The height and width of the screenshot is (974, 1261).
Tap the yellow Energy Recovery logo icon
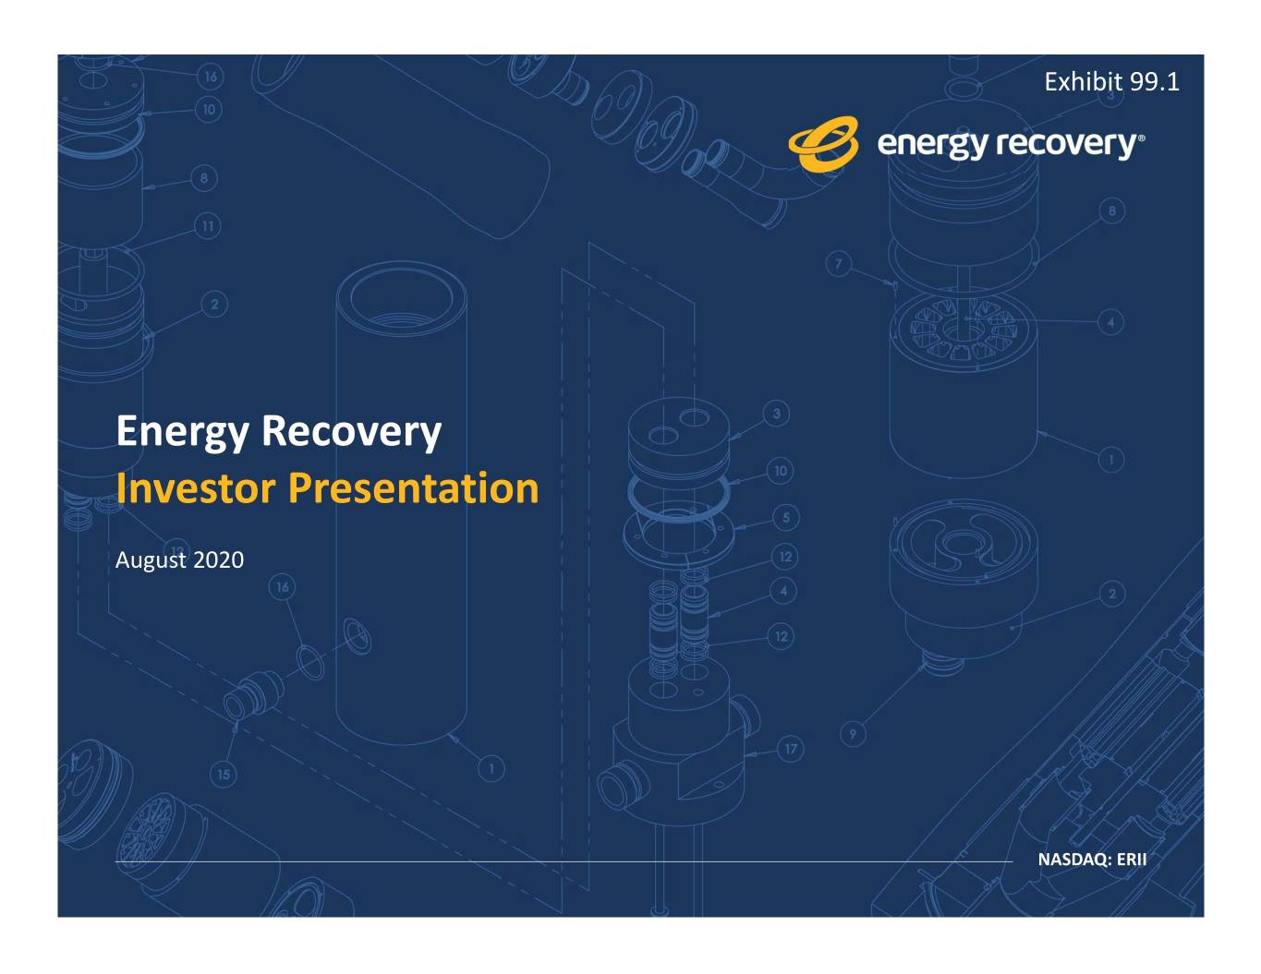pyautogui.click(x=823, y=144)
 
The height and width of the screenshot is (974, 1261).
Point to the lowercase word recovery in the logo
pyautogui.click(x=1066, y=145)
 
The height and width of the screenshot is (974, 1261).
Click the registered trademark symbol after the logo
pyautogui.click(x=1142, y=138)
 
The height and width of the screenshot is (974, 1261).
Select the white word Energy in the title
pyautogui.click(x=183, y=432)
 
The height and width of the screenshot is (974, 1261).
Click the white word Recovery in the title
pyautogui.click(x=352, y=432)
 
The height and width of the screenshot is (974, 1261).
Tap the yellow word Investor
pyautogui.click(x=196, y=487)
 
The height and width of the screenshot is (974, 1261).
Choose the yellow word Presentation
pyautogui.click(x=414, y=487)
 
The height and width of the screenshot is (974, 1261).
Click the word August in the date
pyautogui.click(x=151, y=560)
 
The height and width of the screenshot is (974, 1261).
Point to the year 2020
pyautogui.click(x=219, y=560)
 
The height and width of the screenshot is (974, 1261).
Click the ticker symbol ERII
pyautogui.click(x=1132, y=860)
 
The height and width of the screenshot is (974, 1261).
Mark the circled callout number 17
pyautogui.click(x=791, y=750)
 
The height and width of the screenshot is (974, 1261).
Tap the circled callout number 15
pyautogui.click(x=224, y=775)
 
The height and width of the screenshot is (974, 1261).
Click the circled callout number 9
pyautogui.click(x=853, y=734)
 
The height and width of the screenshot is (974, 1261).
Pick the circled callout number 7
pyautogui.click(x=839, y=264)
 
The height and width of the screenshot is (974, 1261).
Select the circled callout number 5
pyautogui.click(x=786, y=518)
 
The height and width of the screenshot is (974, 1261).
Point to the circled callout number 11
pyautogui.click(x=207, y=226)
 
